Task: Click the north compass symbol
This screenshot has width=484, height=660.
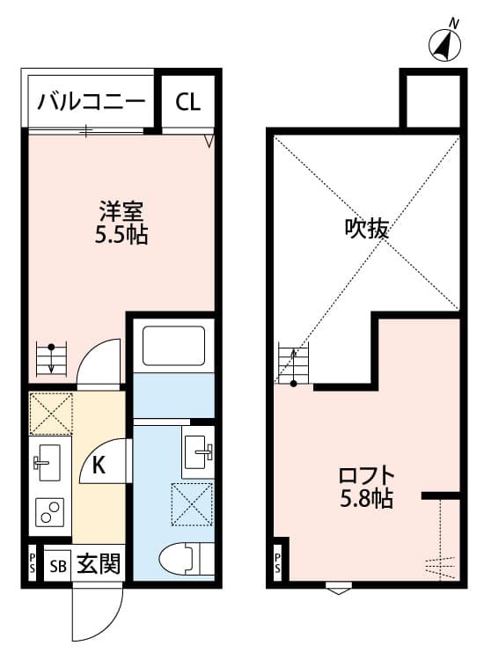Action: coord(448,44)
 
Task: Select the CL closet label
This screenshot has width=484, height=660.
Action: coord(187,102)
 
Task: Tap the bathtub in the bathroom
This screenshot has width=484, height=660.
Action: coord(173,348)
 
